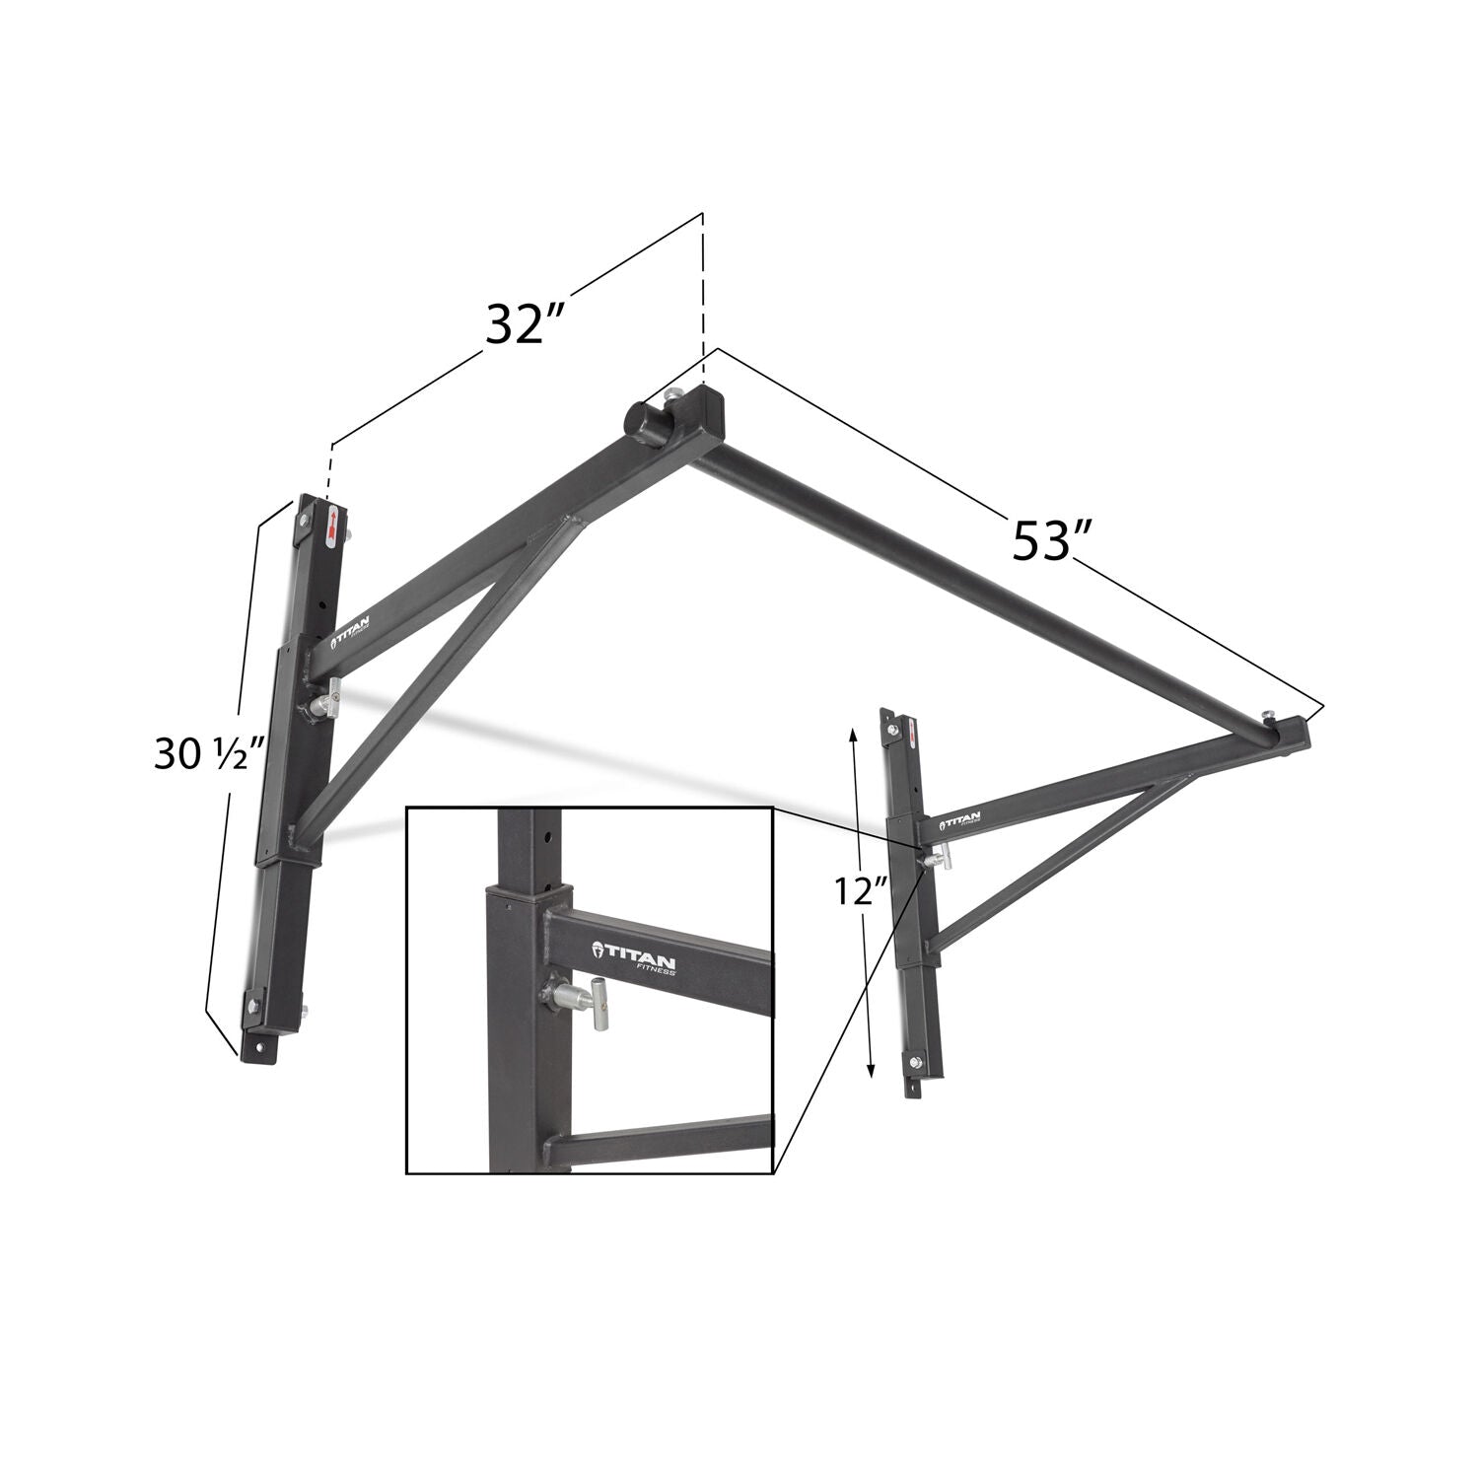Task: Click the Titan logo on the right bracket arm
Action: [x=960, y=818]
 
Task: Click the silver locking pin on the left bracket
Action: [x=324, y=699]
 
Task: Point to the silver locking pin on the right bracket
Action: [x=933, y=856]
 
